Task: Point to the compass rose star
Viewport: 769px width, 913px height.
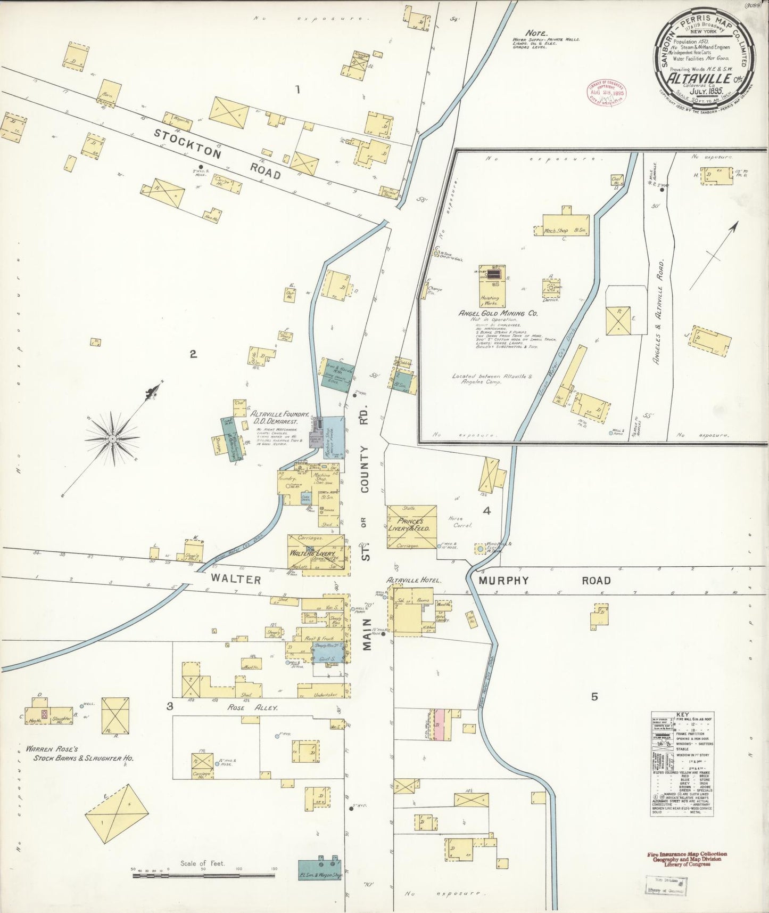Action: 112,438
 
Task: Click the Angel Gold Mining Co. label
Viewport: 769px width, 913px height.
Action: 498,314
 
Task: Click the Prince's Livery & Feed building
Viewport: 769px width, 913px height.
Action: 411,526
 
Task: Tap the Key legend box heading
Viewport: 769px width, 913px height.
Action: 682,714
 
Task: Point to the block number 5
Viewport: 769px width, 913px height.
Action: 594,696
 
